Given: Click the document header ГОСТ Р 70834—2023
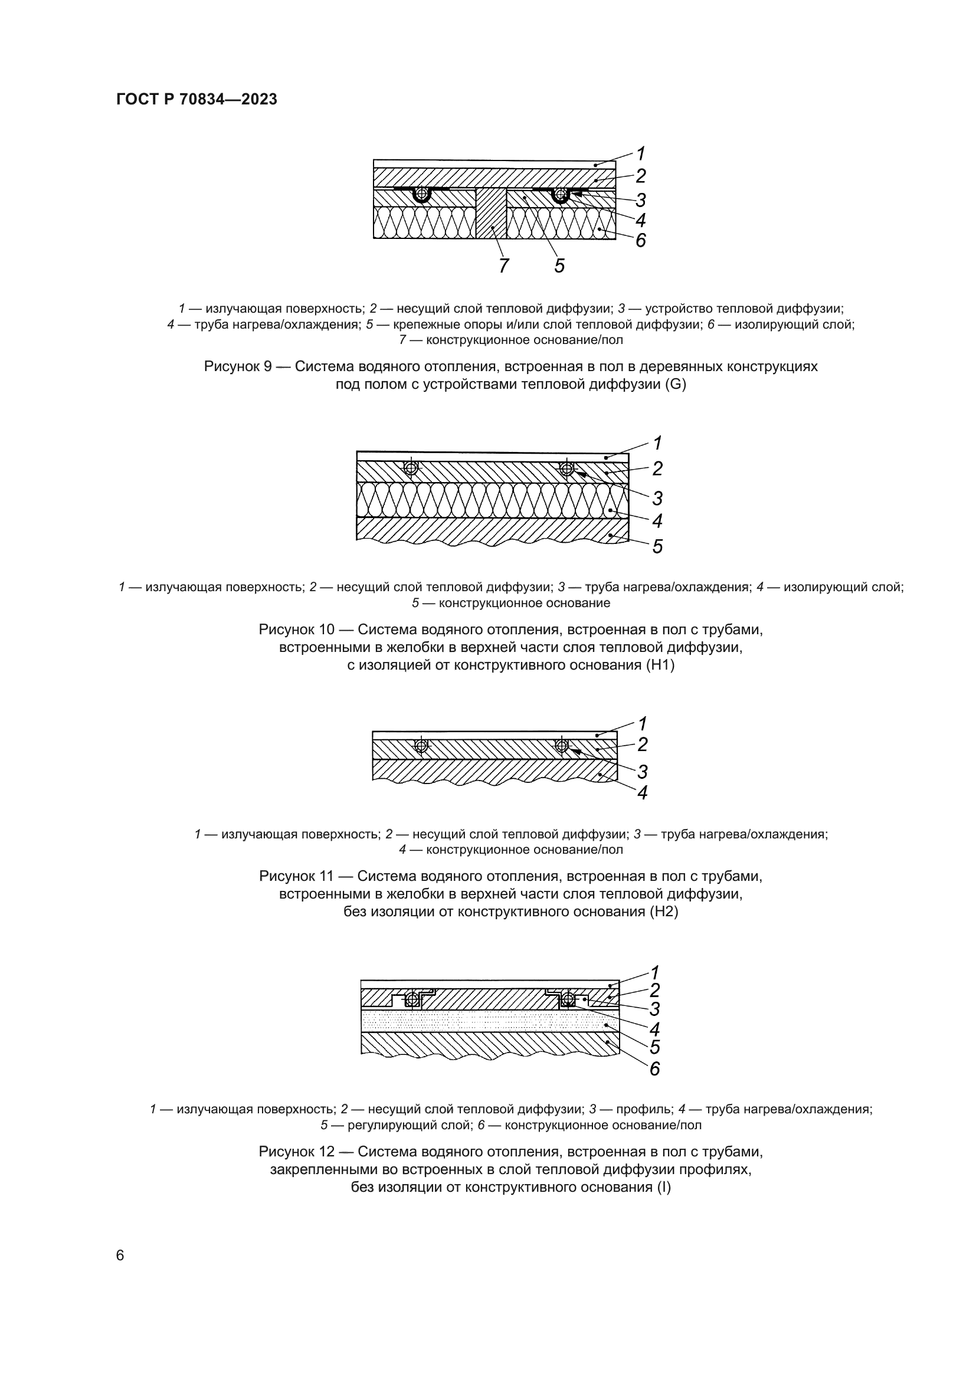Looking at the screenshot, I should pyautogui.click(x=196, y=100).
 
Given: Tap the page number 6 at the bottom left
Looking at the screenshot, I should pyautogui.click(x=120, y=1255).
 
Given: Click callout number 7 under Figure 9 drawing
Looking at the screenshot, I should pyautogui.click(x=503, y=265).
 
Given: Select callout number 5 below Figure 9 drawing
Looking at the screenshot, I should pyautogui.click(x=559, y=265).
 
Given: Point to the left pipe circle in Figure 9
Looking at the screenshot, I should pyautogui.click(x=423, y=194).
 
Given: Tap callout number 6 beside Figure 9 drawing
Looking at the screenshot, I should pyautogui.click(x=641, y=240).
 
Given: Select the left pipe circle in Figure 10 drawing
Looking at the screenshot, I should pyautogui.click(x=411, y=468).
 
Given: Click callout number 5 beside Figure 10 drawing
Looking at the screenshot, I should pyautogui.click(x=657, y=546).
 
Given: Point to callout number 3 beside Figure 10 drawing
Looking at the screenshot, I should pyautogui.click(x=657, y=499).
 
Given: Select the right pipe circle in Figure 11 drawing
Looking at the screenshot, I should pyautogui.click(x=562, y=746).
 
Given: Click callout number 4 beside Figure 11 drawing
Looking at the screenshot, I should pyautogui.click(x=643, y=794).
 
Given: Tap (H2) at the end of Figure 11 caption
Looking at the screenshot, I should pyautogui.click(x=663, y=912).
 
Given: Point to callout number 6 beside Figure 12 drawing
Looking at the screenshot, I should pyautogui.click(x=654, y=1069).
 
